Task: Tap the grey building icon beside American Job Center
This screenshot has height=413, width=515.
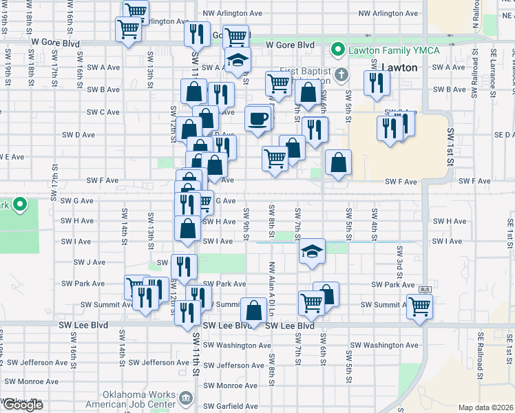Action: click(185, 399)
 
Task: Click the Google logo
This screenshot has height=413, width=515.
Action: click(22, 405)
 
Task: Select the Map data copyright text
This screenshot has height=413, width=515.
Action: click(485, 407)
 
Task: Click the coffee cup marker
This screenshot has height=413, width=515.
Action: click(258, 118)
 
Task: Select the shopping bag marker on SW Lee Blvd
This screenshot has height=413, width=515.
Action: click(254, 309)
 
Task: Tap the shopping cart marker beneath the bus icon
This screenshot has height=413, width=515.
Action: click(419, 306)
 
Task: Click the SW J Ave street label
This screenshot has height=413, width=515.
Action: click(90, 262)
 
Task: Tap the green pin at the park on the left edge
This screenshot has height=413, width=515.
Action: click(20, 204)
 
